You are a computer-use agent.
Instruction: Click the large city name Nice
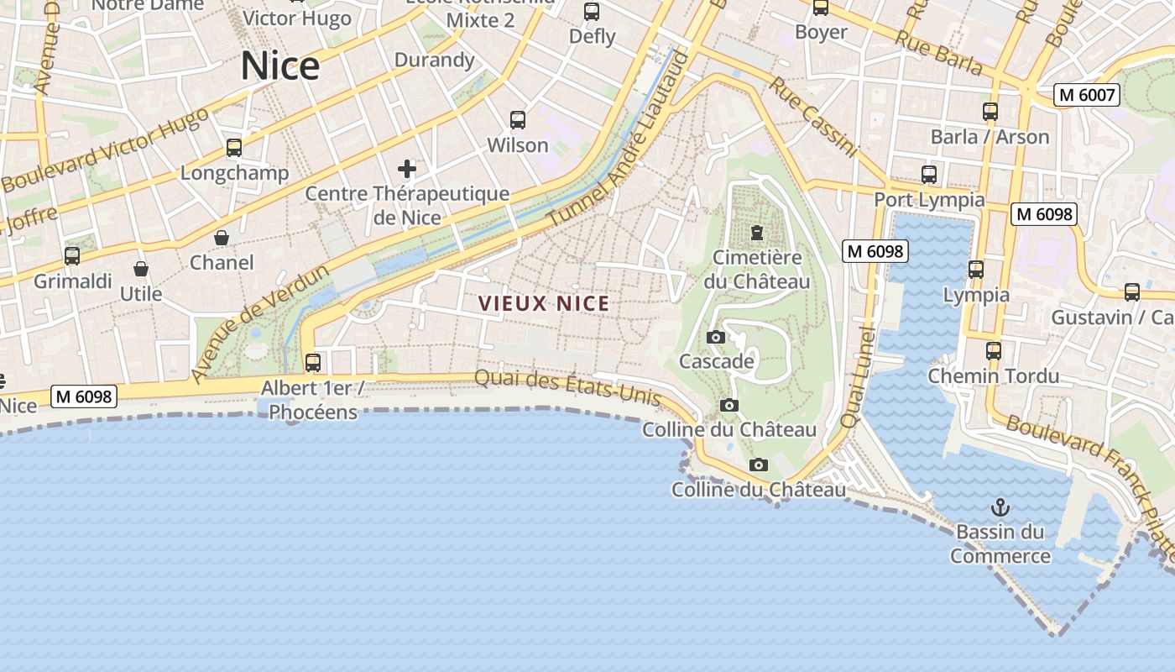[x=280, y=66]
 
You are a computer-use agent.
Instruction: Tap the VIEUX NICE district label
[x=544, y=304]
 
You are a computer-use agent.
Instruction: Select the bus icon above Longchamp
[x=234, y=148]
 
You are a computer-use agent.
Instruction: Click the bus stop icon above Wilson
[x=518, y=120]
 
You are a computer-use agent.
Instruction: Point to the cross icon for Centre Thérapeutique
[x=407, y=169]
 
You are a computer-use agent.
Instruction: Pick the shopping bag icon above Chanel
[x=222, y=238]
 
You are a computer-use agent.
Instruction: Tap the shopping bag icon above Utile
[x=141, y=269]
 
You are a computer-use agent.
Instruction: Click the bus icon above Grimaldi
[x=72, y=255]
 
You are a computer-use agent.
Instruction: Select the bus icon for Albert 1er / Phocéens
[x=313, y=363]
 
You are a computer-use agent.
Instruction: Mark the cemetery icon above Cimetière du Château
[x=757, y=233]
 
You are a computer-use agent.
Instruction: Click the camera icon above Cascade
[x=716, y=337]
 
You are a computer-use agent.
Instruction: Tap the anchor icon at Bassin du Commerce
[x=1000, y=507]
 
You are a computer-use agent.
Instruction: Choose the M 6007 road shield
[x=1087, y=95]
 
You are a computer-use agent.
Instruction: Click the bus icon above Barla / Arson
[x=990, y=112]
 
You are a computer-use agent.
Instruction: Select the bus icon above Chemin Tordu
[x=994, y=350]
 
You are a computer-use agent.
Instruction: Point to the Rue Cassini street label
[x=812, y=118]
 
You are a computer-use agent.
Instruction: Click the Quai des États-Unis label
[x=568, y=387]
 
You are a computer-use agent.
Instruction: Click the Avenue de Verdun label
[x=258, y=323]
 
